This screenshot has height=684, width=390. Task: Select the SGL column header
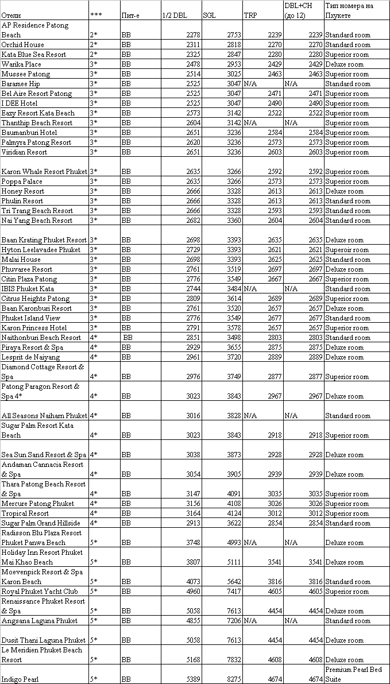[x=210, y=16]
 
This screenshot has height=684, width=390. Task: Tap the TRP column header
[x=250, y=16]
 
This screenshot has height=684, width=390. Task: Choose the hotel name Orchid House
[x=23, y=45]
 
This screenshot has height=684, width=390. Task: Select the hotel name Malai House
[x=21, y=260]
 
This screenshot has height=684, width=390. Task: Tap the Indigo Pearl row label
[x=20, y=679]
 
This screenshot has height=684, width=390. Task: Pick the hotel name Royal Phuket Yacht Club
[x=40, y=592]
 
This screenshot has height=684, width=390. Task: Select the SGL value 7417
[x=234, y=592]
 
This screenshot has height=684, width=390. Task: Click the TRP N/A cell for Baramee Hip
[x=250, y=84]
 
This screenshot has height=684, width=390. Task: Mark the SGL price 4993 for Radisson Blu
[x=234, y=543]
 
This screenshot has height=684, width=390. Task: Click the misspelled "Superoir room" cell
[x=347, y=250]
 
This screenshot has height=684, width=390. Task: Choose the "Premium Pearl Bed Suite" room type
[x=357, y=674]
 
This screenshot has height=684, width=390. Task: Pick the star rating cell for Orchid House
[x=94, y=45]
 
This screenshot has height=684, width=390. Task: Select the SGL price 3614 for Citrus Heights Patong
[x=234, y=299]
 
